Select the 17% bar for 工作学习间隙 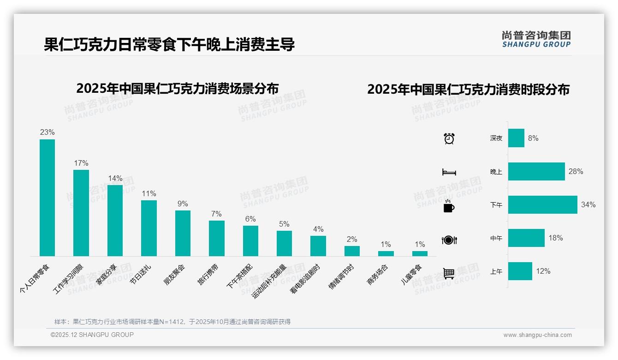click(81, 213)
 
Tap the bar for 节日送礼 click(149, 228)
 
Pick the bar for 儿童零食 click(420, 253)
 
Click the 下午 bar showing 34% click(542, 205)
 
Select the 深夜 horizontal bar click(516, 138)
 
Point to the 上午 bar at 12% click(520, 271)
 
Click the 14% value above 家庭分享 click(115, 179)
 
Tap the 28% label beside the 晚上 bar click(576, 172)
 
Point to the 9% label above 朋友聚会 click(183, 204)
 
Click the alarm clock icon click(449, 138)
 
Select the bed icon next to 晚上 click(449, 172)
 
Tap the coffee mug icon click(449, 206)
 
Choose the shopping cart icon click(449, 273)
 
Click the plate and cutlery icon click(449, 240)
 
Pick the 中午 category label click(496, 239)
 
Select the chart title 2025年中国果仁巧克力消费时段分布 click(468, 90)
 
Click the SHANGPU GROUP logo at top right click(536, 39)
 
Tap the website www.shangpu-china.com click(537, 335)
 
